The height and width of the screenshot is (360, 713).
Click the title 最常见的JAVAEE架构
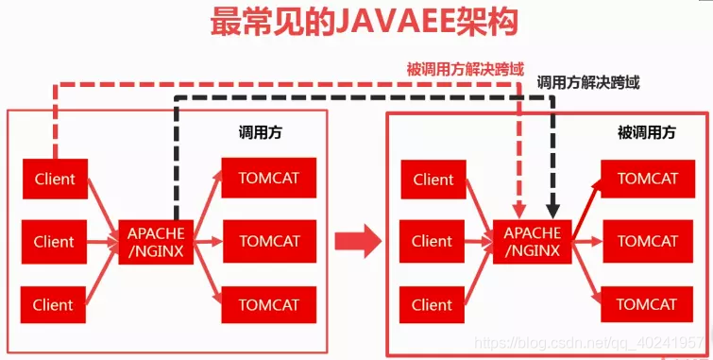click(x=364, y=23)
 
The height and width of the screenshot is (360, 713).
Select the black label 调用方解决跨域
click(x=588, y=83)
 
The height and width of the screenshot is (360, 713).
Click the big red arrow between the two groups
click(x=358, y=241)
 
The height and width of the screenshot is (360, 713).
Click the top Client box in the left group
click(x=54, y=179)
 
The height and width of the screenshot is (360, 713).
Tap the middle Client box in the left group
click(x=54, y=242)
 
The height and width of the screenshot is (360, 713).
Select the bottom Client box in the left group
click(x=54, y=304)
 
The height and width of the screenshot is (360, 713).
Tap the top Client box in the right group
click(x=433, y=180)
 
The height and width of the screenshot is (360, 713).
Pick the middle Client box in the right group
click(x=433, y=242)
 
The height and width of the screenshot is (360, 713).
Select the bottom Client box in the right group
click(x=433, y=304)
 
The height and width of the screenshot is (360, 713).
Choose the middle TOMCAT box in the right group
click(x=648, y=241)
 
